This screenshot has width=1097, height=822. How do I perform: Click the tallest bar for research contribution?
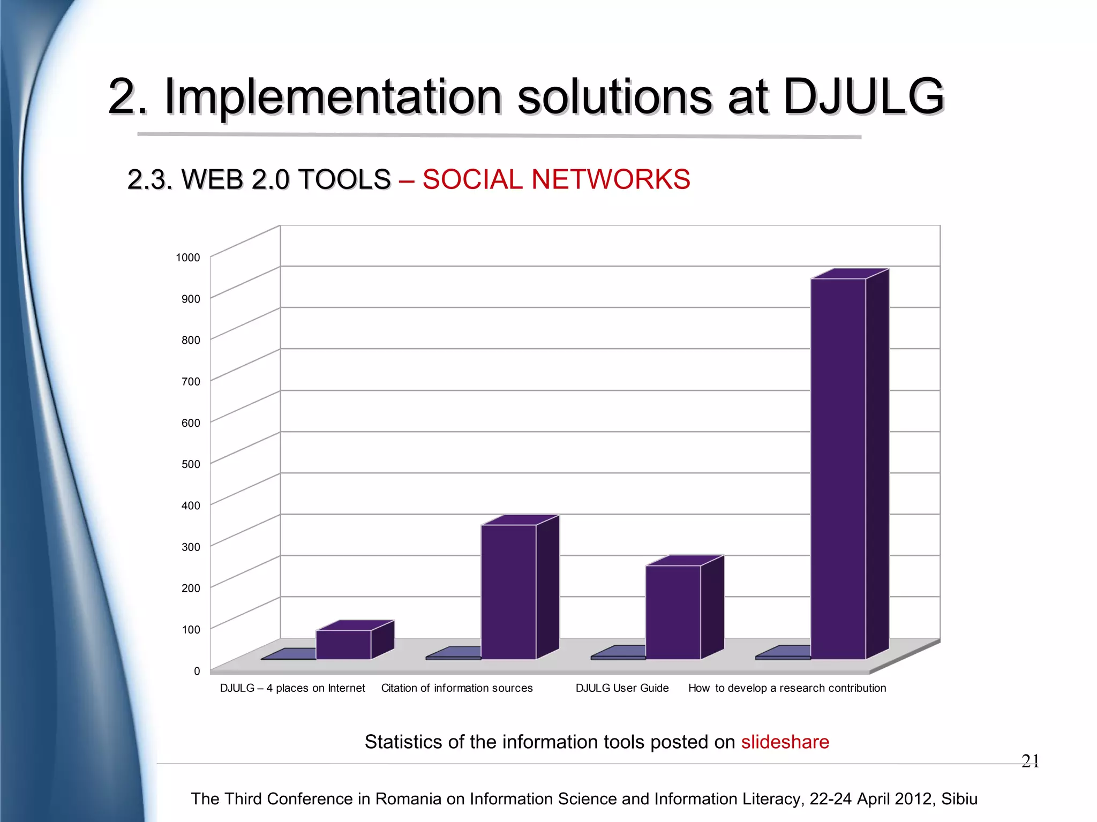838,469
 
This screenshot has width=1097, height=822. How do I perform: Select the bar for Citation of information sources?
508,592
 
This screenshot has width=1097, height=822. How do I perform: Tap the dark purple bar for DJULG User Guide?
673,612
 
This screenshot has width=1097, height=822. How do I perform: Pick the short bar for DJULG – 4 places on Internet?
343,644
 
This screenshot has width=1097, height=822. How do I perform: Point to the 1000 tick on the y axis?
187,258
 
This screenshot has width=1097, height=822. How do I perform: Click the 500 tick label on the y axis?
191,464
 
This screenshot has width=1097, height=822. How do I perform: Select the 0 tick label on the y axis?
197,671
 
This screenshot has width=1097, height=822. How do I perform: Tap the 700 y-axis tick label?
191,382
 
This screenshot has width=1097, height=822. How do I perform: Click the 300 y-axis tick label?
191,547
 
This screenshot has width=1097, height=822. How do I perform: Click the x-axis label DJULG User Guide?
622,688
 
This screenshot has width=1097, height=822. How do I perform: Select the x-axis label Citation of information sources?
457,688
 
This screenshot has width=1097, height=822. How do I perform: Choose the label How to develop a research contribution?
787,688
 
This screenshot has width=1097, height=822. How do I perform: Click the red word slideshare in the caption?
785,742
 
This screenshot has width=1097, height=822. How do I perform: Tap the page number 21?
1030,761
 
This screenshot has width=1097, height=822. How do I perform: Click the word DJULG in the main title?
863,96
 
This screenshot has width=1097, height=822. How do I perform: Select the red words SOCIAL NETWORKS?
556,179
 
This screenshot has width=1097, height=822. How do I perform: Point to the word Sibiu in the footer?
959,798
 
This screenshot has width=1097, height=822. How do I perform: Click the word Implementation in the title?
333,96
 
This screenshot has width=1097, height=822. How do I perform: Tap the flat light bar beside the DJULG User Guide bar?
619,653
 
